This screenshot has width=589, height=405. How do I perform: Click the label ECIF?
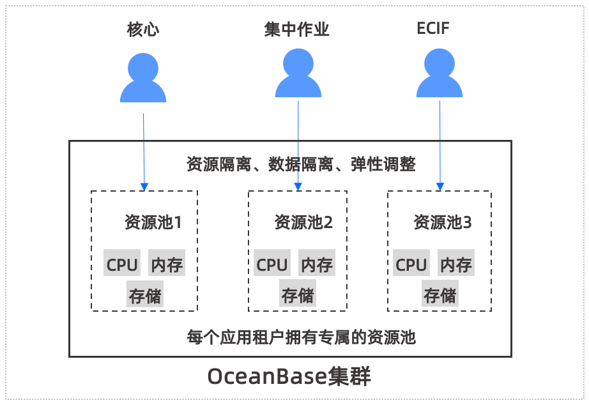(438, 29)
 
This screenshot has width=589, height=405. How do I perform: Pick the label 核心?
(143, 29)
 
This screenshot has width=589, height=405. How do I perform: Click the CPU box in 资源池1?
(122, 264)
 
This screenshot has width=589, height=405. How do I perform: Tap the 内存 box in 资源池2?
(317, 264)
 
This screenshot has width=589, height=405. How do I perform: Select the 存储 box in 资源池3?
(440, 296)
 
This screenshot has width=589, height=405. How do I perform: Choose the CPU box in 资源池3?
(411, 264)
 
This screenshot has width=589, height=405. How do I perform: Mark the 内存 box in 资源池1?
(167, 264)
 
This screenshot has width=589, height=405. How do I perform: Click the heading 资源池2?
(303, 222)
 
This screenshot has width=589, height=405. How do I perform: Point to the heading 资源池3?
(443, 222)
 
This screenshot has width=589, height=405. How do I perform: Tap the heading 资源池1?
(153, 222)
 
